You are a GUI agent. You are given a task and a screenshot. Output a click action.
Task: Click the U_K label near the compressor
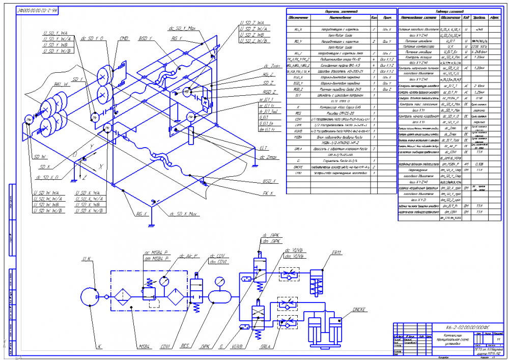[86, 260]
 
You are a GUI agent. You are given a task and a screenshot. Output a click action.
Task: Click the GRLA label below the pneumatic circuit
[265, 347]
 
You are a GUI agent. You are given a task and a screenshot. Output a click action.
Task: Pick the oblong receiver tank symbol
[220, 296]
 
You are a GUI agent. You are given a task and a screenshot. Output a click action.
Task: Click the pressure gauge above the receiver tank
[220, 281]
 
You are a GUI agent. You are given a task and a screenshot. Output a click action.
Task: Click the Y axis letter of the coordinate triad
[92, 147]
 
